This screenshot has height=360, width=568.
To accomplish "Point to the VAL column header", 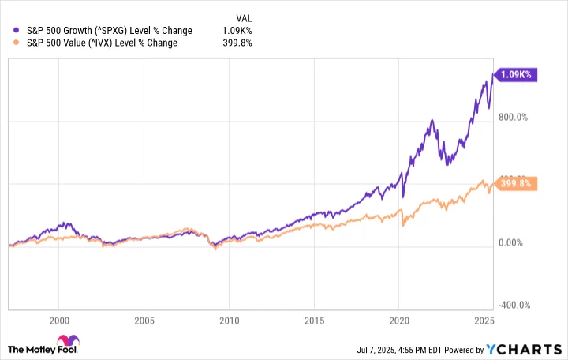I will pyautogui.click(x=245, y=17).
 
